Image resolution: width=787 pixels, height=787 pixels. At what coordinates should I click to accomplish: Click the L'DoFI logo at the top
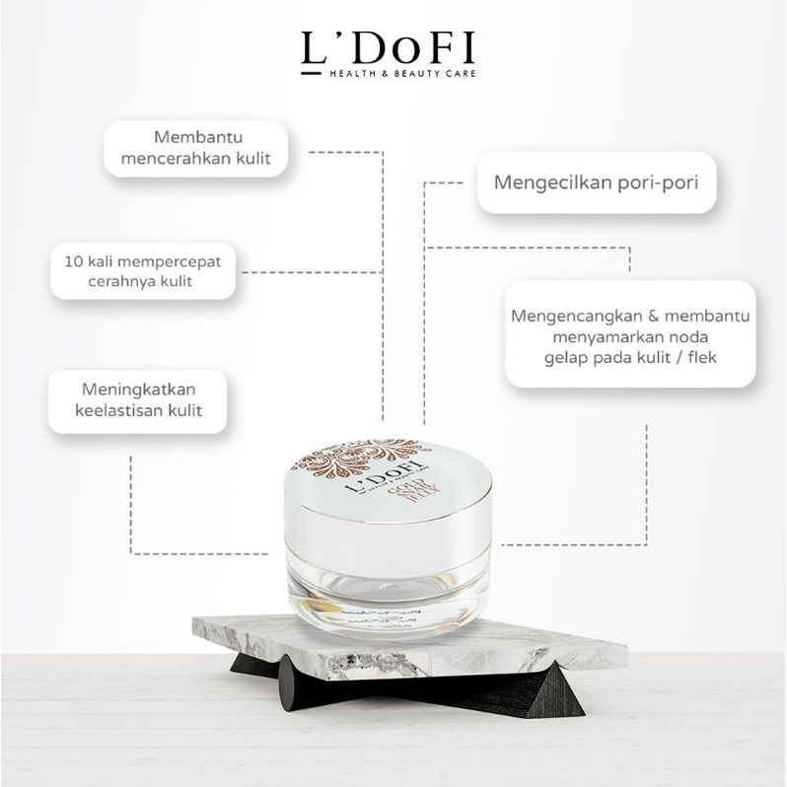[x=393, y=48]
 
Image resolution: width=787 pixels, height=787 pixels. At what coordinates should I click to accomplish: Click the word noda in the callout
[x=694, y=336]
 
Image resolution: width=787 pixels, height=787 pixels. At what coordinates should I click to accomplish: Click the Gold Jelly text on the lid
[x=431, y=499]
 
